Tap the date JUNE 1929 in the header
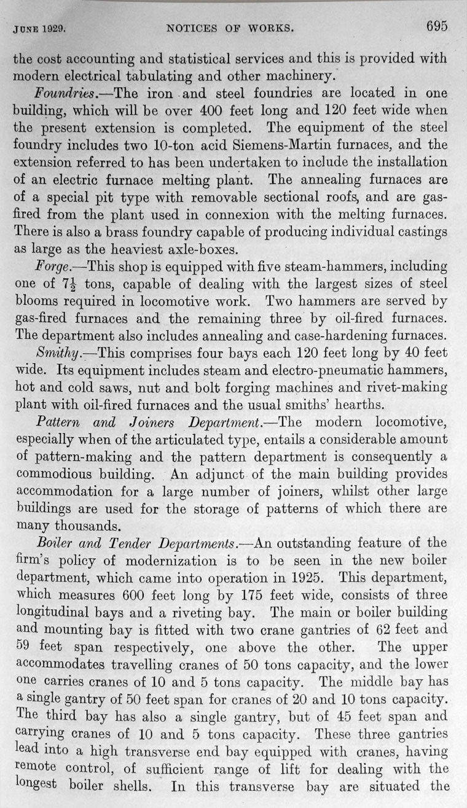click(x=39, y=28)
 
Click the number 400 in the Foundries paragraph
click(x=261, y=112)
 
